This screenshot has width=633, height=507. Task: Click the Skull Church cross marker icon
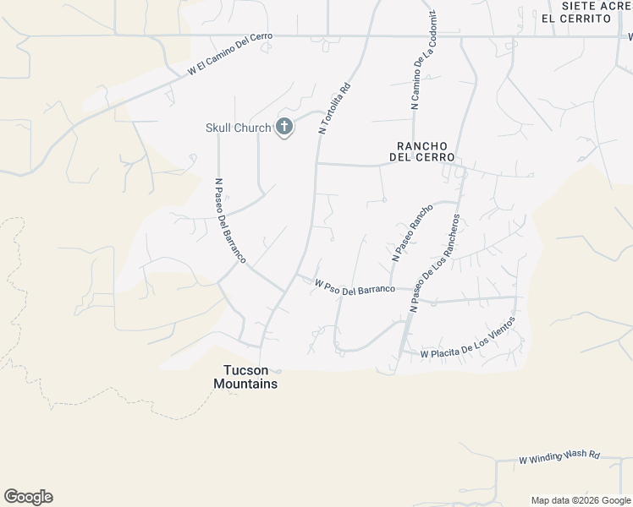(284, 128)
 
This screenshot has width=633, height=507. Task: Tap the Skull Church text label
(239, 128)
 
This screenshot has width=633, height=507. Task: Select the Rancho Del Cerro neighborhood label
(421, 151)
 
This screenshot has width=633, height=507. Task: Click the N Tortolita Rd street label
(334, 108)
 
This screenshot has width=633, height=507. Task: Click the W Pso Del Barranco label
(355, 288)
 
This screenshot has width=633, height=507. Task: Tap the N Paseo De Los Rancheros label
(435, 263)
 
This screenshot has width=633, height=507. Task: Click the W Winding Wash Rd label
(559, 456)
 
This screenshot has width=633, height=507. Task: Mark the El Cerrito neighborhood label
(575, 18)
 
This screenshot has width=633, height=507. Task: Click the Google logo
(28, 497)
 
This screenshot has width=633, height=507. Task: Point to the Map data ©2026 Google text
(580, 500)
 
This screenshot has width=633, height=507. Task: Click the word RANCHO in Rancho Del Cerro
(421, 145)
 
